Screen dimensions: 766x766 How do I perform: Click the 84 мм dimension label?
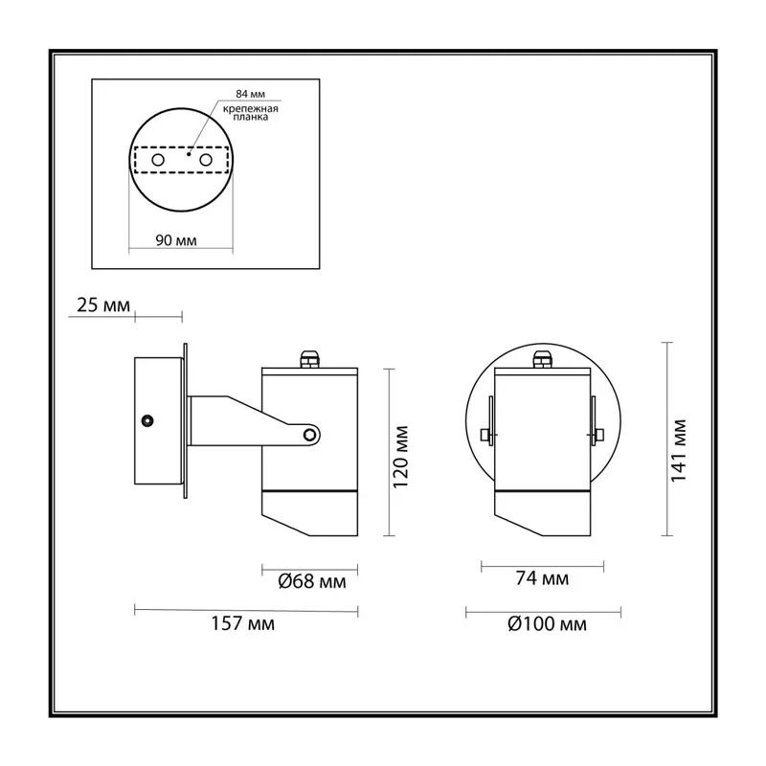(250, 94)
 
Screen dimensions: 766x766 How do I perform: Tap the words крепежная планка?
(251, 113)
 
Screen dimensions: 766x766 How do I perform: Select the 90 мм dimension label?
(176, 240)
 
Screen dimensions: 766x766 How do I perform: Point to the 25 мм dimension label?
(103, 305)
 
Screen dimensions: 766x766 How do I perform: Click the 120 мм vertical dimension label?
(400, 457)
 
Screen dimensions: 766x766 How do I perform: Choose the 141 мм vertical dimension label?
(678, 451)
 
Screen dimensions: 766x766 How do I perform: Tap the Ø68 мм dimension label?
(312, 581)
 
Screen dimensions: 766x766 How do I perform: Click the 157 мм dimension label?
(243, 624)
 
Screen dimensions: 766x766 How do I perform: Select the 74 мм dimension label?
(542, 578)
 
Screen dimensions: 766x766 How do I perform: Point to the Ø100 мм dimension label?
(547, 624)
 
